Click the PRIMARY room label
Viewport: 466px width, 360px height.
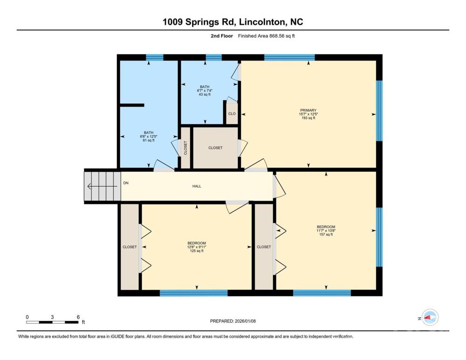click(x=308, y=110)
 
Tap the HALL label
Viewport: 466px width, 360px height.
click(x=197, y=186)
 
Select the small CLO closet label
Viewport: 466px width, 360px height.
click(x=232, y=114)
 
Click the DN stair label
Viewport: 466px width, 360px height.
click(x=126, y=183)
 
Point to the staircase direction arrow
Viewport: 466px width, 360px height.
click(x=102, y=187)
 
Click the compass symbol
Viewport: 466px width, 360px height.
click(x=430, y=318)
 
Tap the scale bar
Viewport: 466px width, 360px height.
click(x=52, y=322)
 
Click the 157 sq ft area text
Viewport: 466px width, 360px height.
click(x=326, y=235)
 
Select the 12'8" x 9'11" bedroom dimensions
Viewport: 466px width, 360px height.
click(x=197, y=247)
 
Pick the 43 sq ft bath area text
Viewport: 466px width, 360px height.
click(x=205, y=94)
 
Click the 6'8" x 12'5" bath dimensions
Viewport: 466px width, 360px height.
click(x=149, y=137)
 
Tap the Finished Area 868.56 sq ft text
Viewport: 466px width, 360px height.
click(x=266, y=36)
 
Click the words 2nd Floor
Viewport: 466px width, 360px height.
click(x=222, y=36)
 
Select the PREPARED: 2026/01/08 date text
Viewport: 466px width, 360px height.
click(x=233, y=321)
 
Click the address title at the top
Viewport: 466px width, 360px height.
click(x=233, y=22)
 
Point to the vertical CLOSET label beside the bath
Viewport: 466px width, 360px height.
click(x=186, y=148)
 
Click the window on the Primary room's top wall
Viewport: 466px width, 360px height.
click(x=289, y=57)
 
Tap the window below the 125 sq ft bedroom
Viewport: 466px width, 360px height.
click(x=194, y=293)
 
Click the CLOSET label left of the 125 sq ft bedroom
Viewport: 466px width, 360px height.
click(x=130, y=247)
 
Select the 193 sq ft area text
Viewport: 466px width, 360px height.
click(x=308, y=118)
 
